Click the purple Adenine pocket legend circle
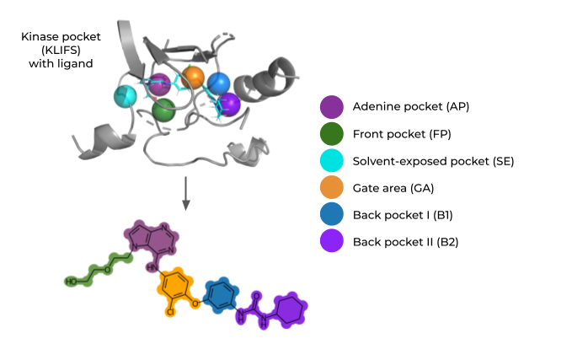(x=332, y=107)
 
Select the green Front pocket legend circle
(x=332, y=133)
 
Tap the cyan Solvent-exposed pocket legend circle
(x=332, y=160)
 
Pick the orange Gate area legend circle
(x=332, y=187)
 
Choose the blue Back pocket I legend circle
(x=332, y=214)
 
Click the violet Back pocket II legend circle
(x=332, y=241)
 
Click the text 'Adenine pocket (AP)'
(x=411, y=107)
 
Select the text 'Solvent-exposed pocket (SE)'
(x=433, y=161)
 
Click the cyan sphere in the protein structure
(x=126, y=96)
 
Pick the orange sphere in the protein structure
(x=193, y=78)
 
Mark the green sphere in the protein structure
(x=163, y=109)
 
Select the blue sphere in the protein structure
(x=219, y=83)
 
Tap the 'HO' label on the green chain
(x=74, y=281)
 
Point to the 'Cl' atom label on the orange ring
(x=170, y=311)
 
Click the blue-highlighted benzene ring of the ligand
(x=222, y=294)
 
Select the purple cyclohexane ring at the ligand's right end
(x=290, y=309)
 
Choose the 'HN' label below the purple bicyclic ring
(x=151, y=267)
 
